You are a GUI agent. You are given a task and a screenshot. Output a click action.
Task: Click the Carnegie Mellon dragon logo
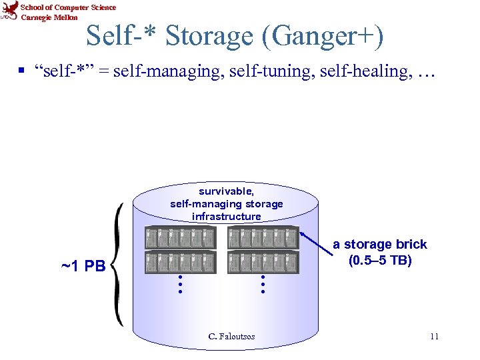pyautogui.click(x=9, y=11)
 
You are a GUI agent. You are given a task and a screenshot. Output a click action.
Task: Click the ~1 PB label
pyautogui.click(x=83, y=267)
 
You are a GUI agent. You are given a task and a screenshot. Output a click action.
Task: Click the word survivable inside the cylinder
pyautogui.click(x=226, y=191)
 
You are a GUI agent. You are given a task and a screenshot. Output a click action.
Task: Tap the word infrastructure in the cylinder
pyautogui.click(x=226, y=217)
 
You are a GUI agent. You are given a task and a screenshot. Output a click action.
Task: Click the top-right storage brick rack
pyautogui.click(x=263, y=238)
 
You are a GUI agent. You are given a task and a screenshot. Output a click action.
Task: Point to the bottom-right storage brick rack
pyautogui.click(x=263, y=262)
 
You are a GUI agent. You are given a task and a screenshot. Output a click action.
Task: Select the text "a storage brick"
pyautogui.click(x=380, y=245)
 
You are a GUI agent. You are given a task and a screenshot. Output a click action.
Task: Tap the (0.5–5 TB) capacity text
pyautogui.click(x=380, y=260)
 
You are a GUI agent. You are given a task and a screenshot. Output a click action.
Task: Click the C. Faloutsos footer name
pyautogui.click(x=231, y=337)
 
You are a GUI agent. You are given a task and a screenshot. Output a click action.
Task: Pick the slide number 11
pyautogui.click(x=434, y=336)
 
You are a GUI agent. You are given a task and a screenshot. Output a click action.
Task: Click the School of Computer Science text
pyautogui.click(x=69, y=7)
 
